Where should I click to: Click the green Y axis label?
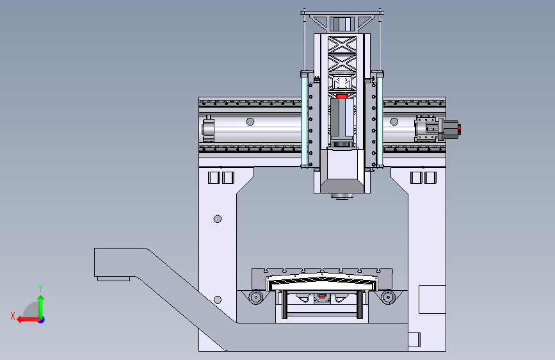(40, 288)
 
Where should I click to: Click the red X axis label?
(13, 316)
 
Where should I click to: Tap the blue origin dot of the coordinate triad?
(42, 320)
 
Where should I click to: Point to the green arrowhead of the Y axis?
(41, 299)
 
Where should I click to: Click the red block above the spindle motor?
(342, 96)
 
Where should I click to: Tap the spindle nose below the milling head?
(342, 196)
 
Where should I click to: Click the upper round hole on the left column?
(218, 219)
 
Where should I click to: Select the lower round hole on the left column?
(218, 300)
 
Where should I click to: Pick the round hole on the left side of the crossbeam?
(250, 122)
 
